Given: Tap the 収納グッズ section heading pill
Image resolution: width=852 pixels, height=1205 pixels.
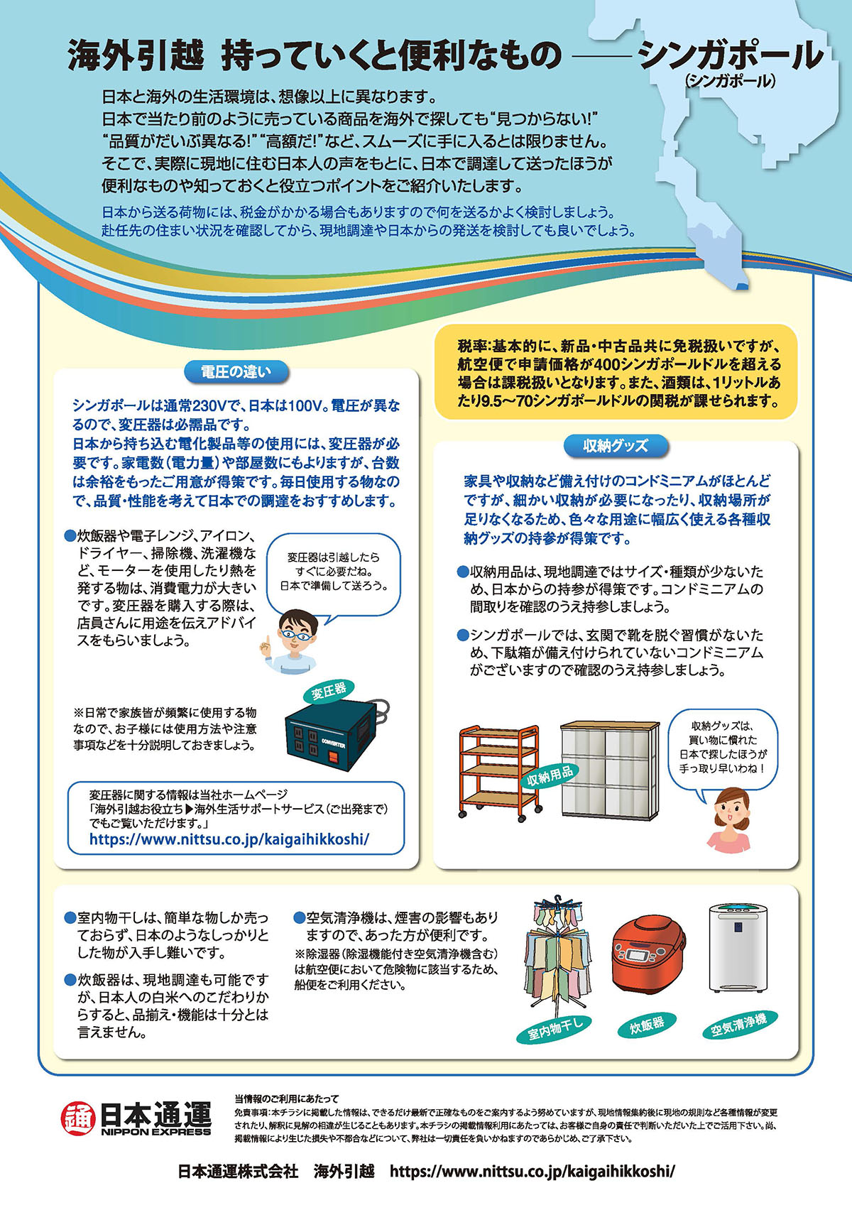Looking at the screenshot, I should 615,445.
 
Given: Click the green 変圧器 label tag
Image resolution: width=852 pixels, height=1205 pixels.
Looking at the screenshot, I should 329,690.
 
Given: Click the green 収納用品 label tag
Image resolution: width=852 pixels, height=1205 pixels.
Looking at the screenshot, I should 550,775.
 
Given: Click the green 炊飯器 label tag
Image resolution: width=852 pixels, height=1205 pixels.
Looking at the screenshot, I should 647,1025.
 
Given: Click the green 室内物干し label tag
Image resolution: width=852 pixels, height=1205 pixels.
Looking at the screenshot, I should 555,1029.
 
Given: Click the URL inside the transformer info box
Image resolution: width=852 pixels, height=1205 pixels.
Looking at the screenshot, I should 229,839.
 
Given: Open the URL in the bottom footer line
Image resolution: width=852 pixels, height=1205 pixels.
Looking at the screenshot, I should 532,1171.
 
